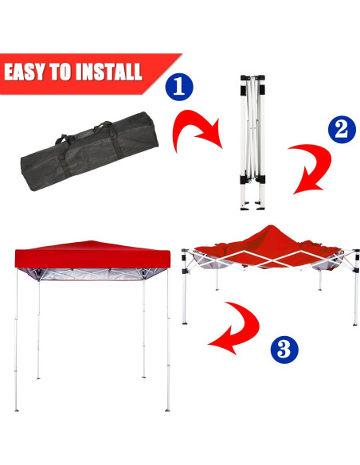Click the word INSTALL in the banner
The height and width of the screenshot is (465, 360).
pos(108,72)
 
